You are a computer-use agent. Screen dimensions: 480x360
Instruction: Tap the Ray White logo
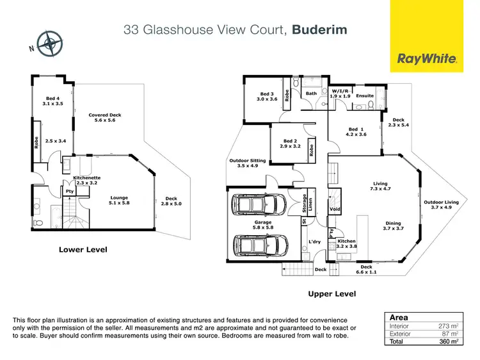[428, 59]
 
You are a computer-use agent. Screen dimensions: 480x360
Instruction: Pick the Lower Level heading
[84, 249]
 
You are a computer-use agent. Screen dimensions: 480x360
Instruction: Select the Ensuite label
[365, 96]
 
